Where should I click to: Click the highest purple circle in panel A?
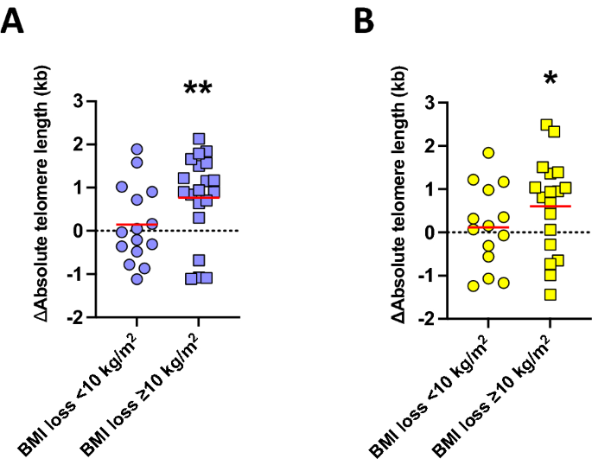coord(137,150)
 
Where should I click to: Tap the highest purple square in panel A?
coord(199,139)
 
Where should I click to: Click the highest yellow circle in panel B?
coord(488,153)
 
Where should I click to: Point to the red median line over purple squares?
coord(198,197)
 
